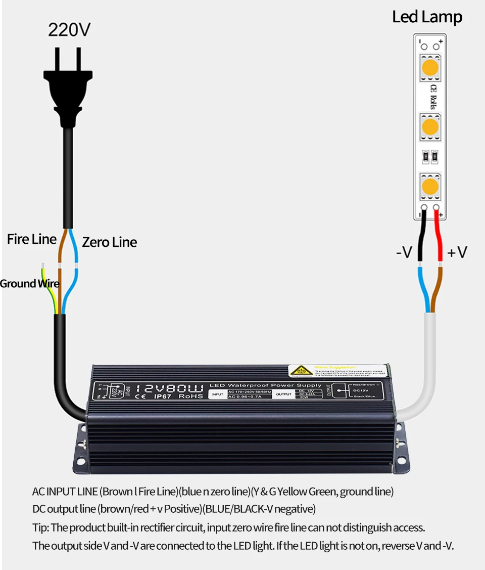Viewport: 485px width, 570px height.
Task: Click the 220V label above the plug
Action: point(69,30)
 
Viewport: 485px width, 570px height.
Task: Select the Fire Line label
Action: point(32,239)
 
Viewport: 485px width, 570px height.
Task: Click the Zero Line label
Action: point(110,242)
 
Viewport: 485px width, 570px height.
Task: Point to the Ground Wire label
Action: point(29,284)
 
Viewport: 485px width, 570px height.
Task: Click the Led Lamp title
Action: point(427,17)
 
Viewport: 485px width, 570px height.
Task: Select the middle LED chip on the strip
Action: point(430,126)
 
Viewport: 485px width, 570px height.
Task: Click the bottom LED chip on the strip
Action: point(430,186)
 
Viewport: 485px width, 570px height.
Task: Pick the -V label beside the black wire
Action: point(404,251)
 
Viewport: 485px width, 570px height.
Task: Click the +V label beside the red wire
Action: point(457,251)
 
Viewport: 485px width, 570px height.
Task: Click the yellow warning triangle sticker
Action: point(298,371)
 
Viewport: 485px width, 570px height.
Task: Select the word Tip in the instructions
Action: point(40,528)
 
